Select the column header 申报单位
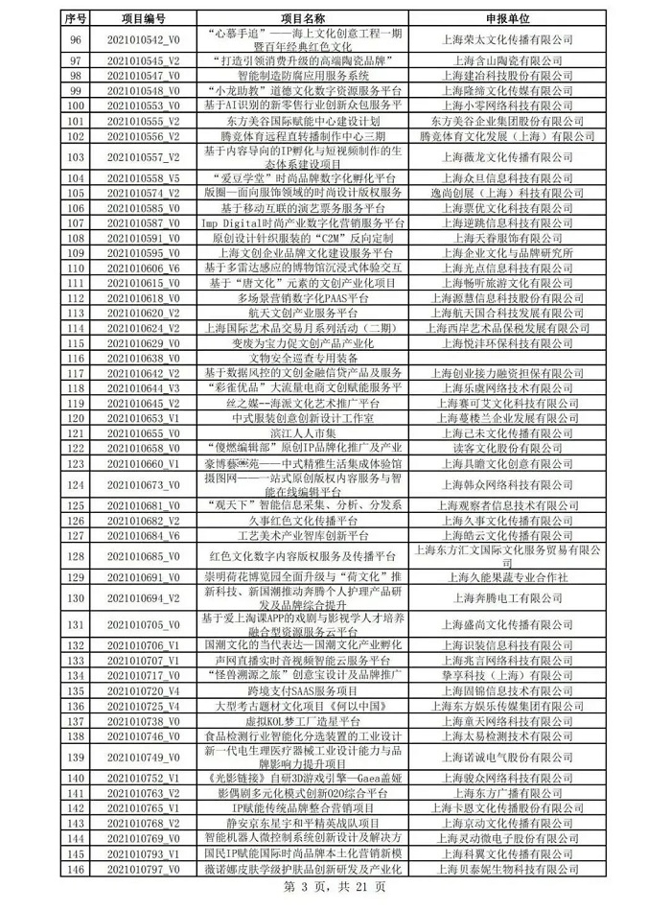505,18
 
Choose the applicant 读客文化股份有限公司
505,447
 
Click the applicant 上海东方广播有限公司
505,794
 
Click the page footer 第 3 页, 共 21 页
335,888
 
